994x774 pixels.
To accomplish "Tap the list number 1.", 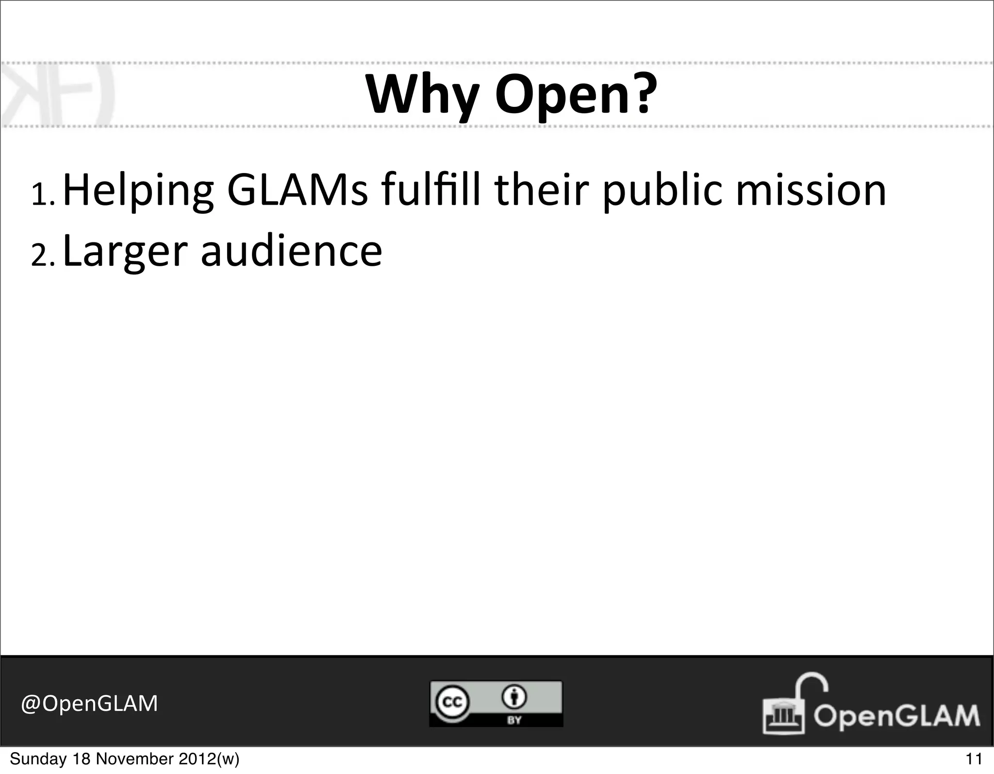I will click(x=42, y=194).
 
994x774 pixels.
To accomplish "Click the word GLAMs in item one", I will click(x=297, y=190).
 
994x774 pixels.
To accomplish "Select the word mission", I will click(x=811, y=190).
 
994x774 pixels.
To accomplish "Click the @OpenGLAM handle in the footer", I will click(x=89, y=703).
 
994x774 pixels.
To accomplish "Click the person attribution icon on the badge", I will click(x=514, y=697).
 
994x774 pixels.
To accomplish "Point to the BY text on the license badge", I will click(x=514, y=720).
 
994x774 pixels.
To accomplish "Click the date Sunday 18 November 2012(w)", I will click(x=124, y=758).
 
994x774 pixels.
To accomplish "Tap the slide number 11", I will click(x=974, y=758).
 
